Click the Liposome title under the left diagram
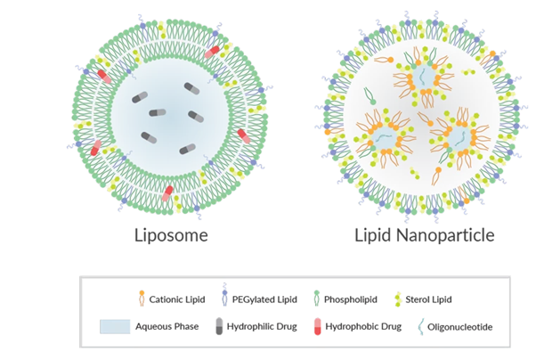(x=171, y=236)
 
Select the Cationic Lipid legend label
(x=176, y=299)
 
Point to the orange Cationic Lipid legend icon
(x=141, y=298)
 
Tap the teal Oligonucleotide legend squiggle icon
(x=424, y=326)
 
